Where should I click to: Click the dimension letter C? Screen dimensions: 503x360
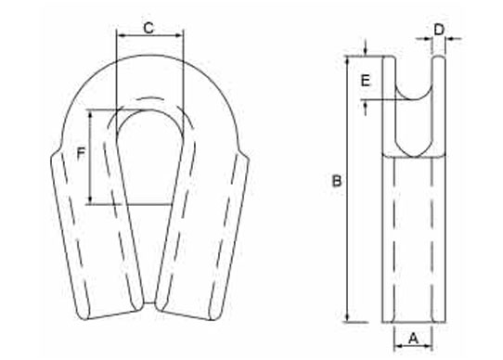point(148,28)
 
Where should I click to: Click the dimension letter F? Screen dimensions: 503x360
point(81,153)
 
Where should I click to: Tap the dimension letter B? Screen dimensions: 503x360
point(337,181)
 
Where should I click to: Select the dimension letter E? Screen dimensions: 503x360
point(366,81)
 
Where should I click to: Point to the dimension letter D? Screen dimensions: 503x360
point(439,30)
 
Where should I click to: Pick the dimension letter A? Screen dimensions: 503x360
point(414,339)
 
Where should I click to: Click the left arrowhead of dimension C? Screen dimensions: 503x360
point(121,35)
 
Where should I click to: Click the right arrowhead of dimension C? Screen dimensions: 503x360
point(179,35)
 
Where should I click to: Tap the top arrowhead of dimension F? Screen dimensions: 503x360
point(91,114)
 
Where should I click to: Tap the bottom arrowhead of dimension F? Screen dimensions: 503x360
point(91,199)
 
